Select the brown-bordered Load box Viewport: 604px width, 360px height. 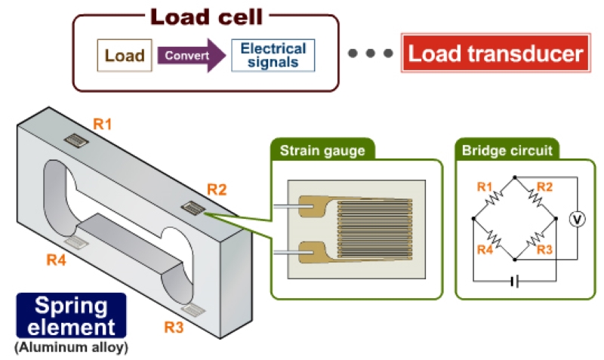click(125, 56)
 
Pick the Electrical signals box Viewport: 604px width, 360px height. click(273, 56)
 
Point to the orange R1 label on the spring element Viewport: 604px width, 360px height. click(102, 123)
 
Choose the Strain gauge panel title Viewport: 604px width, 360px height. click(322, 150)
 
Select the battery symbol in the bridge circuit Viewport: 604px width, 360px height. click(514, 282)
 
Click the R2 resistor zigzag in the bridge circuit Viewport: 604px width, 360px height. click(534, 198)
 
